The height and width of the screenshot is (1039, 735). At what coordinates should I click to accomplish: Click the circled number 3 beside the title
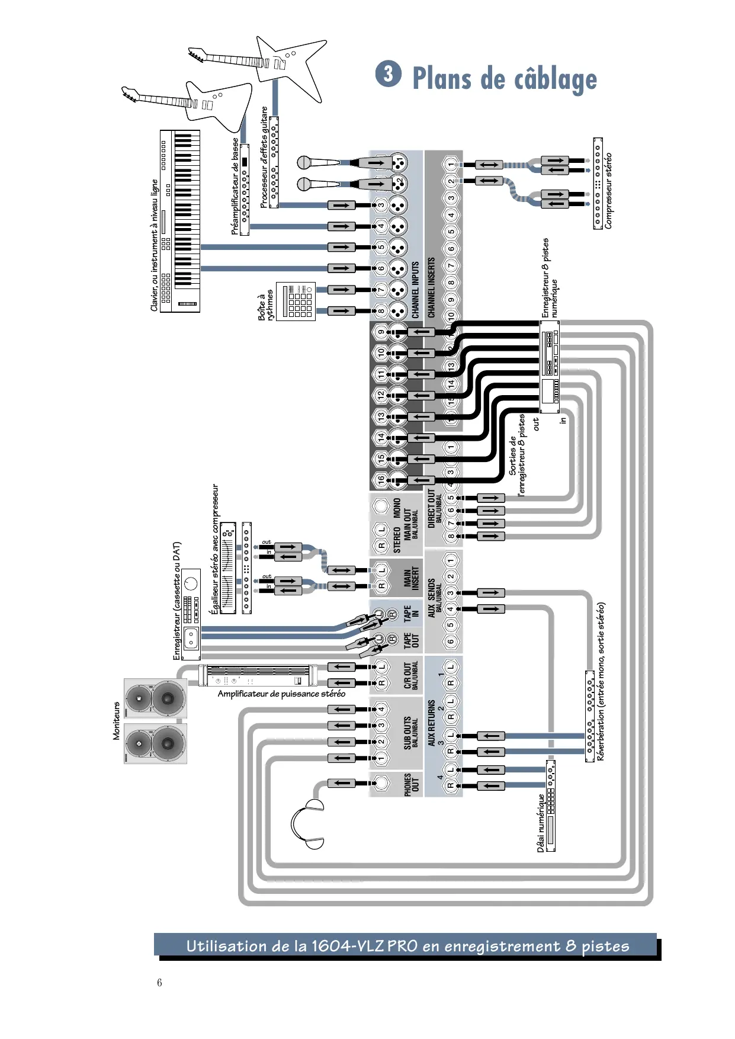coord(388,73)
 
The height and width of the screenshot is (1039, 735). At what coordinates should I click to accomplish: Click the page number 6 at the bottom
coord(159,982)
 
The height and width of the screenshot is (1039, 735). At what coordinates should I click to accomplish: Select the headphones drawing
coord(308,823)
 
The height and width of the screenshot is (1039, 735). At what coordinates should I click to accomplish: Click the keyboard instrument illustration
coord(180,221)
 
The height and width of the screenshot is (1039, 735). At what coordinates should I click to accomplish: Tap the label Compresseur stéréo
coord(608,191)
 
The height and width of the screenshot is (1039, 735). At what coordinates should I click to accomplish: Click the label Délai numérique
coord(540,823)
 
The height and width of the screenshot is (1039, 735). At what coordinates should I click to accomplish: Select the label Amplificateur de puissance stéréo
coord(281,694)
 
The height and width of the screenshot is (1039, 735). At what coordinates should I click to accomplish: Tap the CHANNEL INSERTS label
coord(431,288)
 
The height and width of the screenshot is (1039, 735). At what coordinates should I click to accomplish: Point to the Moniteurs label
coord(116,721)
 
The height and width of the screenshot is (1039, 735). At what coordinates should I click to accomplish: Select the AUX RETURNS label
coord(431,723)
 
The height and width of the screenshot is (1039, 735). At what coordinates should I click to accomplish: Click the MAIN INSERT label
coord(412,578)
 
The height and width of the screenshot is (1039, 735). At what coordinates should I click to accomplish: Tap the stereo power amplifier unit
coord(258,676)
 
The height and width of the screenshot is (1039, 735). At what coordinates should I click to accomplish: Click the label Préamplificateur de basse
coord(235,187)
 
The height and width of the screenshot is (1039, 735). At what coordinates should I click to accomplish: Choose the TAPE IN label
coord(412,613)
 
